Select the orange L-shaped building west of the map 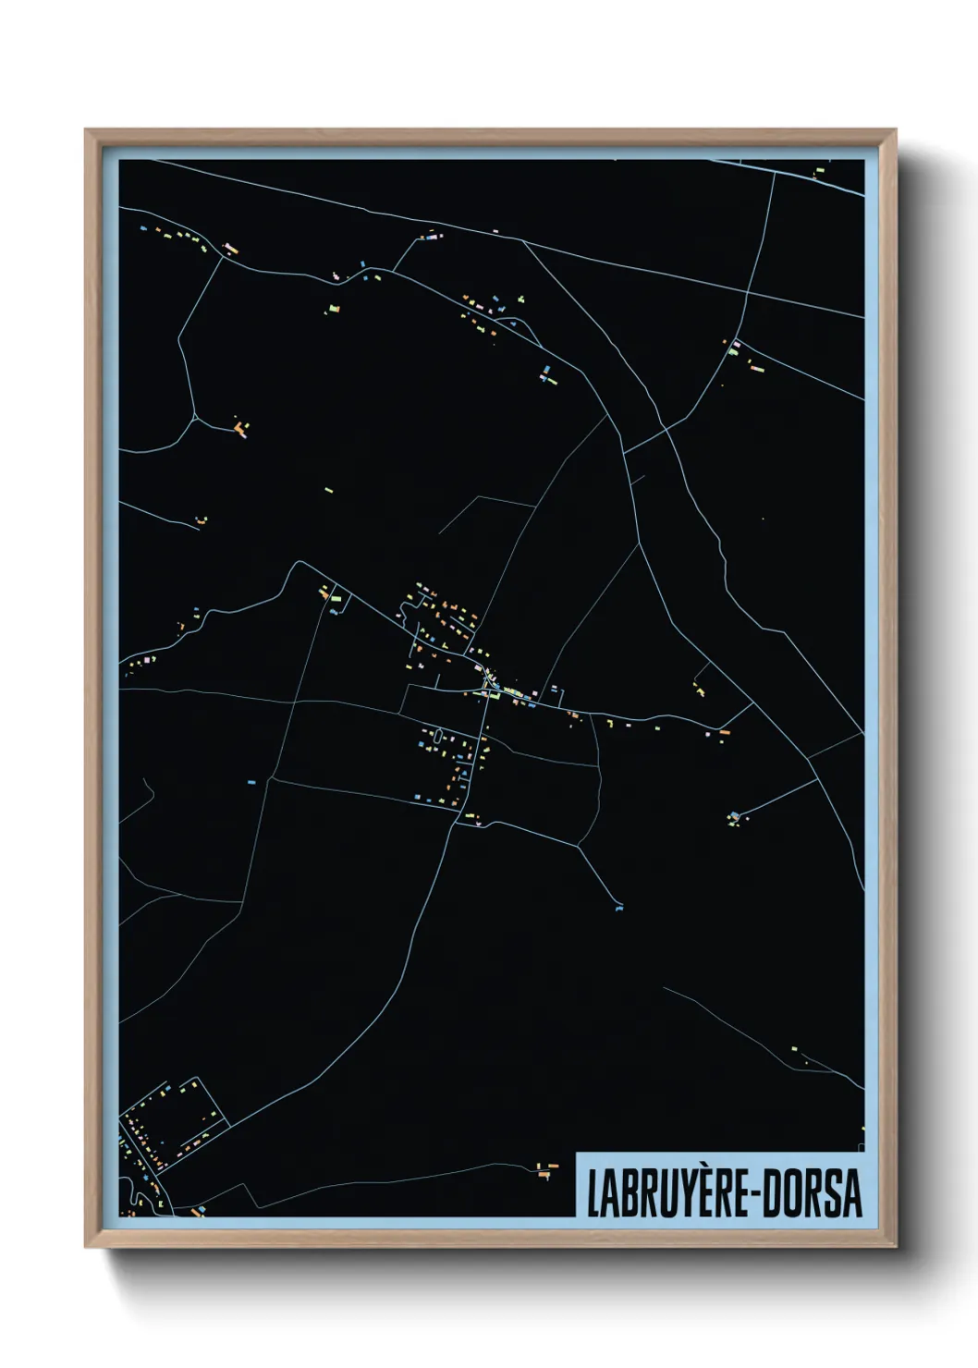241,428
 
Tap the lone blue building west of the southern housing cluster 251,782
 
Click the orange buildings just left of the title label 546,1169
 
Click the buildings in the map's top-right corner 820,171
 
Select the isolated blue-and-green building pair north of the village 547,373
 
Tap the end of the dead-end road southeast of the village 617,906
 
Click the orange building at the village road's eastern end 725,731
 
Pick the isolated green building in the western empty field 329,490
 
